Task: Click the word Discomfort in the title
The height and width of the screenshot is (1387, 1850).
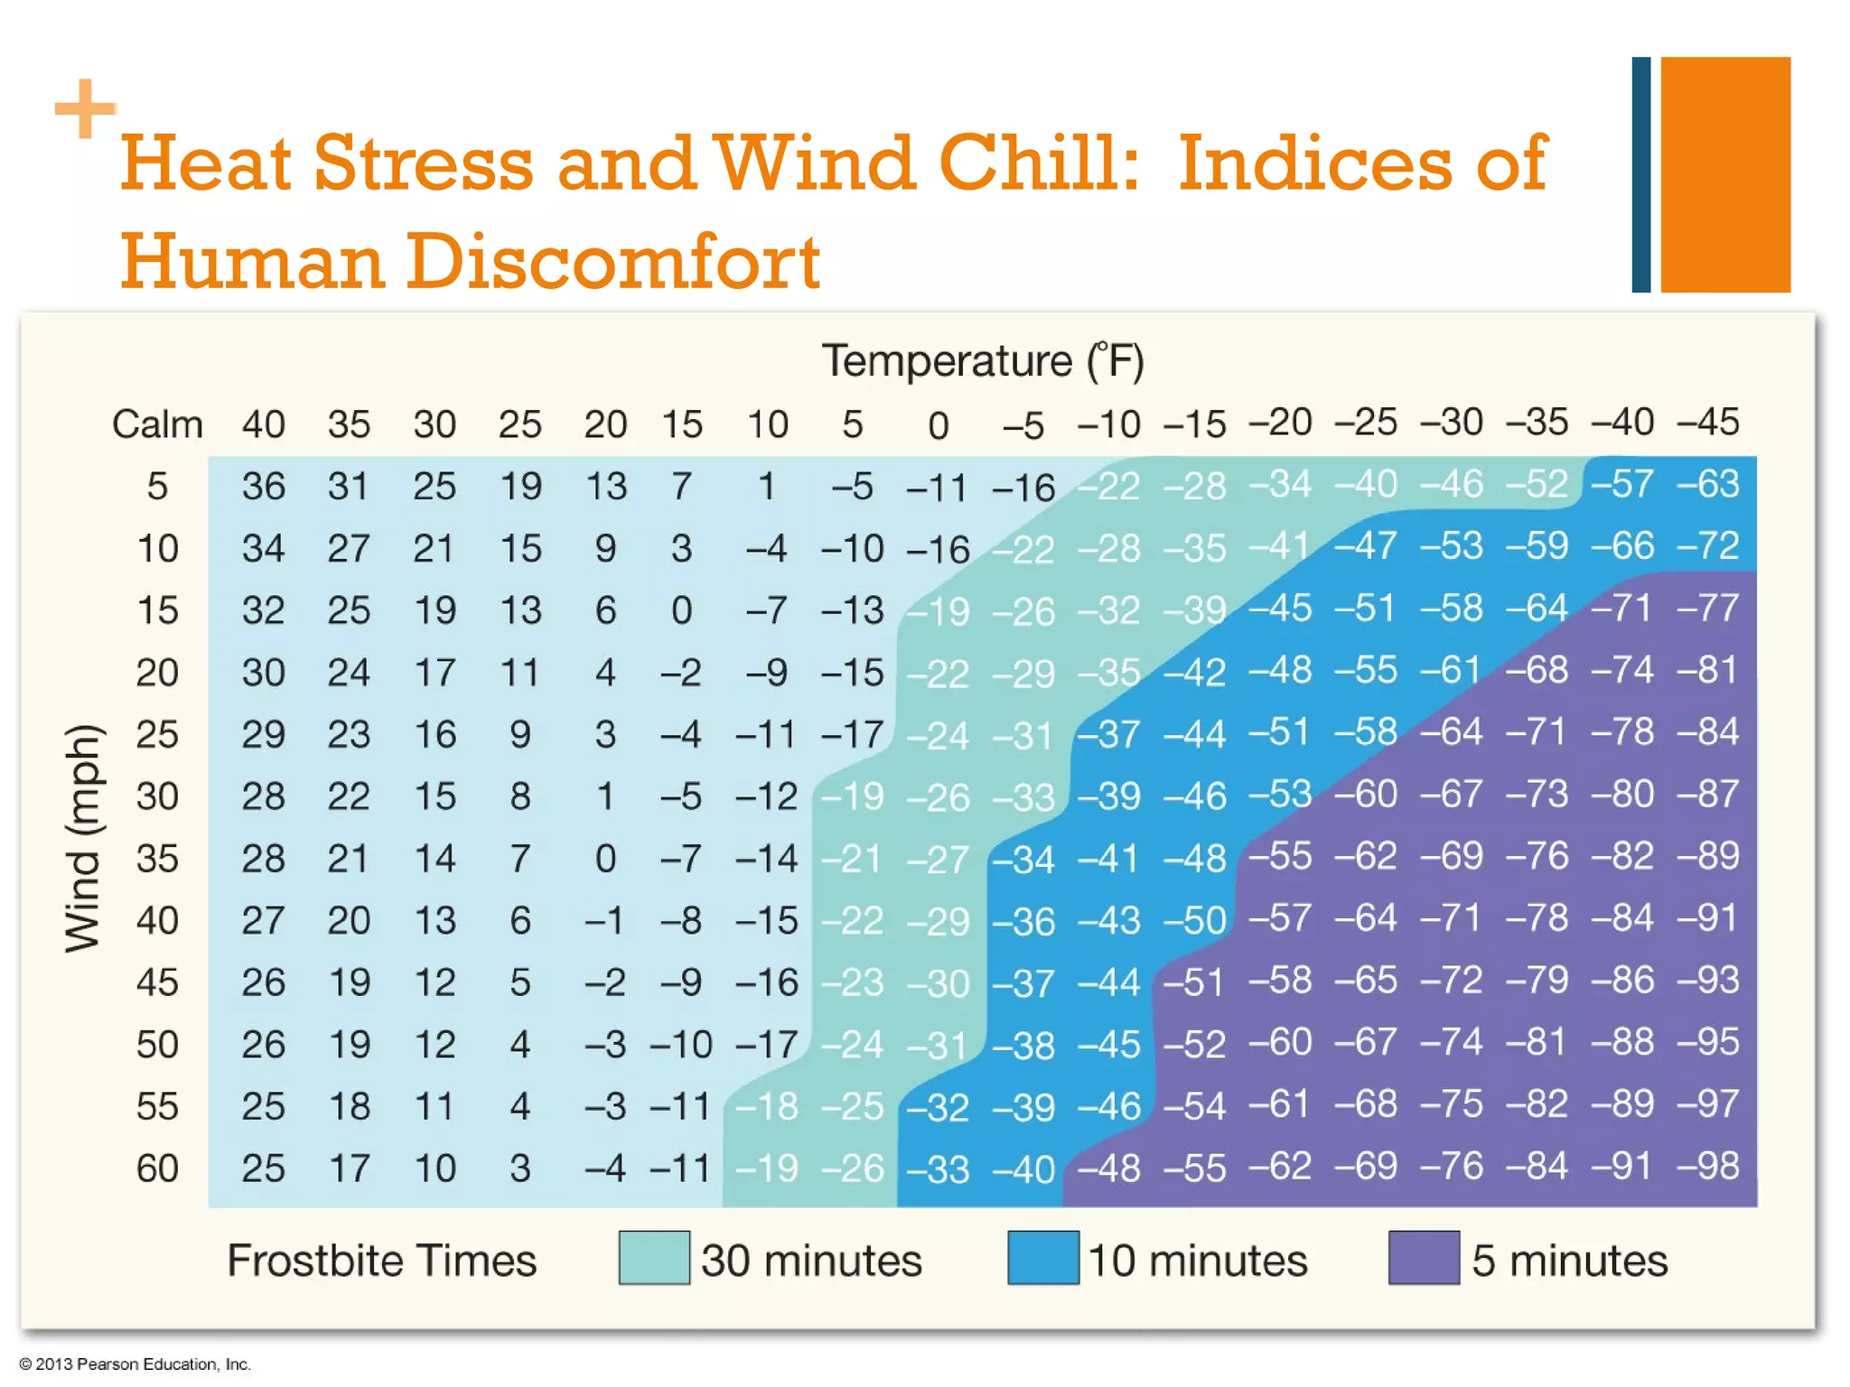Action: click(x=612, y=262)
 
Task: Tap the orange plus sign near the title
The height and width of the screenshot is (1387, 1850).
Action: click(x=85, y=108)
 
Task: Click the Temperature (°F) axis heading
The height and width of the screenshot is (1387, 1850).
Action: click(x=982, y=361)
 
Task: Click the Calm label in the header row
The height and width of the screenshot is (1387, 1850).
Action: click(x=157, y=424)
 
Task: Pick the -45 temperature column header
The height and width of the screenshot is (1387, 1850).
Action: click(x=1706, y=423)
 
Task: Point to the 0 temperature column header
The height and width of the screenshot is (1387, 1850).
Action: click(x=939, y=426)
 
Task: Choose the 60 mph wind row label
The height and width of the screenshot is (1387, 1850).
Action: click(x=157, y=1168)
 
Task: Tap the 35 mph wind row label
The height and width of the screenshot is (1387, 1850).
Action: click(x=157, y=859)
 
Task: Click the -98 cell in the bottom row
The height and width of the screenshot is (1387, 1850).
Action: click(x=1706, y=1167)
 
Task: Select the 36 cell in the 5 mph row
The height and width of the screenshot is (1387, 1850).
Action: click(x=263, y=487)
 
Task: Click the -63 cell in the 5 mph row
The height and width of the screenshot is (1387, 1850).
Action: click(x=1706, y=485)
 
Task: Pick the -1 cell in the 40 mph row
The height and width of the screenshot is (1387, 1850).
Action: click(x=603, y=921)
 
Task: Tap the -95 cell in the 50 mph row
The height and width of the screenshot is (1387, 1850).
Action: click(x=1706, y=1043)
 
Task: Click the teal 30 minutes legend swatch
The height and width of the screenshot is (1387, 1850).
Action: click(x=654, y=1258)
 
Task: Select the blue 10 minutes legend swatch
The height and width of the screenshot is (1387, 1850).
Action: click(x=1043, y=1258)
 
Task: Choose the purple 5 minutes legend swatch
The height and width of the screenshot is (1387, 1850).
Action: click(x=1424, y=1258)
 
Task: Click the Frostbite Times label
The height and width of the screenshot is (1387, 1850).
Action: click(x=381, y=1261)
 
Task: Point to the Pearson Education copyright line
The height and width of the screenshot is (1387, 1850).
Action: click(x=135, y=1364)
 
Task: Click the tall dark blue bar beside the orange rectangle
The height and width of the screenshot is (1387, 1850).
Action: click(x=1640, y=174)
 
